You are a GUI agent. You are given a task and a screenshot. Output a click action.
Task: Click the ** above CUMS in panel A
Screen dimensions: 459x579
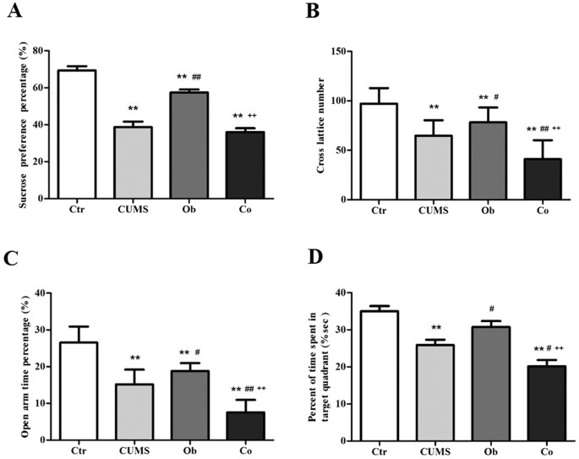coord(134,109)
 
